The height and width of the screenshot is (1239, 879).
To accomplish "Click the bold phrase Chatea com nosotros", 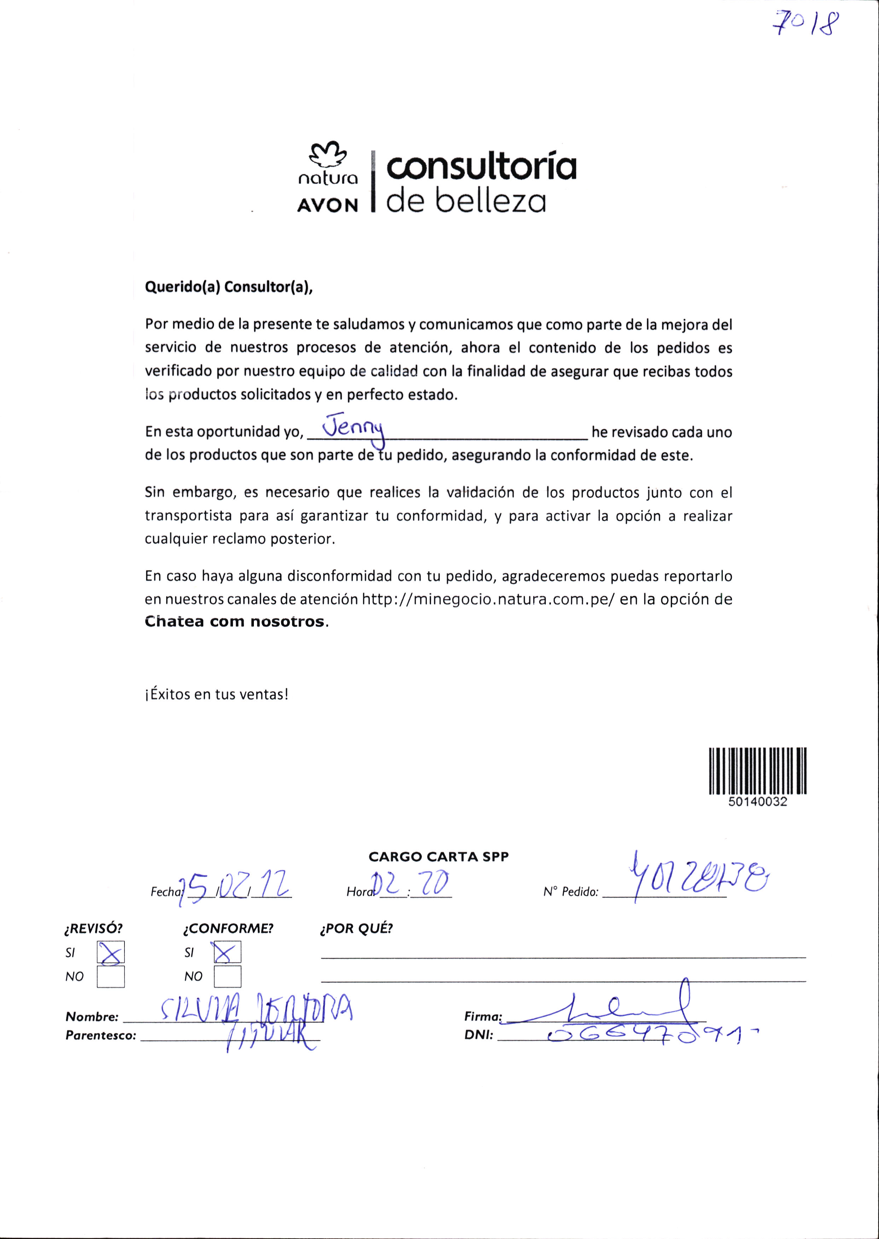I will pyautogui.click(x=235, y=622).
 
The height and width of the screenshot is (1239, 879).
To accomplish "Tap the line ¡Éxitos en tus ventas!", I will pyautogui.click(x=216, y=694).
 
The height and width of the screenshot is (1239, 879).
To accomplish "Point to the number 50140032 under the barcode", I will pyautogui.click(x=758, y=802).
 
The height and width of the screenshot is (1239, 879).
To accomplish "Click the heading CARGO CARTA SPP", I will pyautogui.click(x=438, y=857).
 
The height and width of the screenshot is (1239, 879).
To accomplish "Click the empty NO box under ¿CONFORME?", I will pyautogui.click(x=227, y=976).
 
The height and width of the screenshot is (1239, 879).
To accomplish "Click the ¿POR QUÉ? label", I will pyautogui.click(x=356, y=929).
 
